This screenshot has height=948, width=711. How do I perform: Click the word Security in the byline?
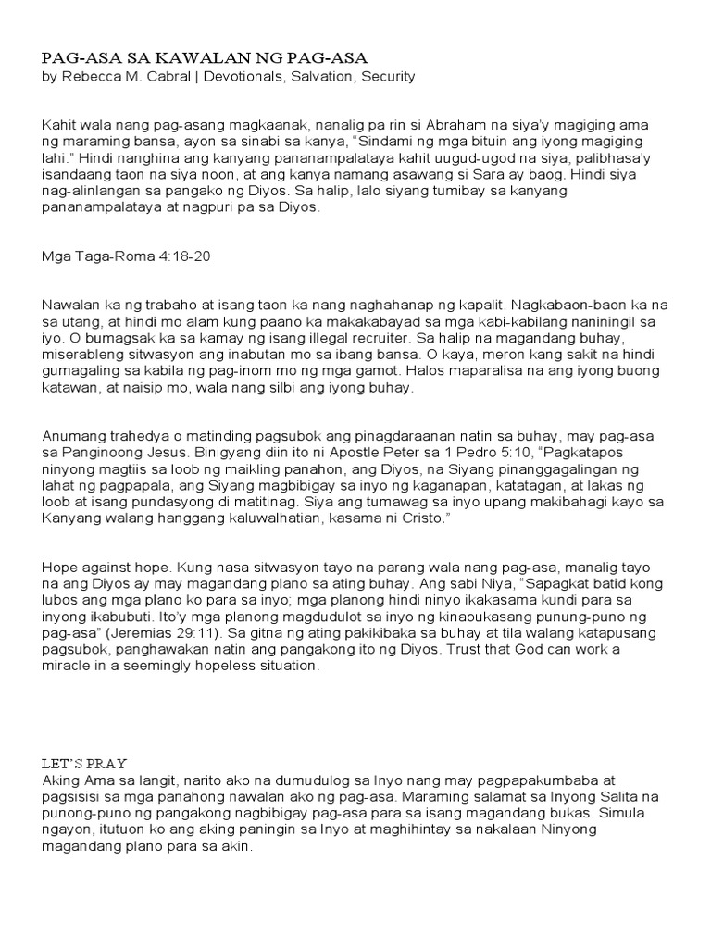(387, 77)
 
